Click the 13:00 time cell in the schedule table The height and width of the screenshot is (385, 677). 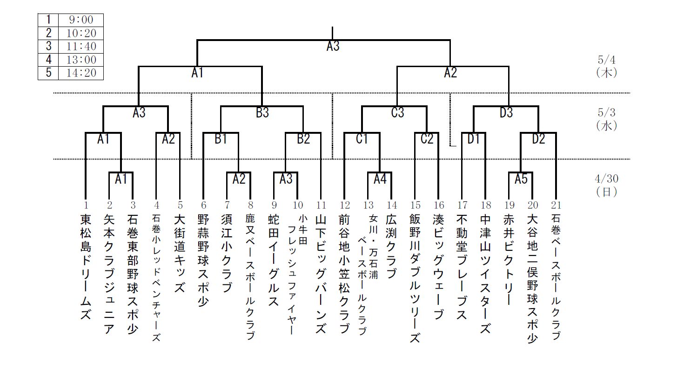(x=81, y=60)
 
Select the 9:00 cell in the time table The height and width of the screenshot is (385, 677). (x=81, y=20)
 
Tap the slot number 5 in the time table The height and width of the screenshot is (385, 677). (x=48, y=74)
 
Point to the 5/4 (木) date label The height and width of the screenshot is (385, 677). (x=606, y=66)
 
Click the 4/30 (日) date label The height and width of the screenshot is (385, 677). (x=606, y=185)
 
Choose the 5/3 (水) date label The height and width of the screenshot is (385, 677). (x=606, y=119)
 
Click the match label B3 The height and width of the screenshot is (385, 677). (x=262, y=113)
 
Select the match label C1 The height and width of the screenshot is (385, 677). (x=362, y=139)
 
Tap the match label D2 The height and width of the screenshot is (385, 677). (x=538, y=139)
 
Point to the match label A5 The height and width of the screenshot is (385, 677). (x=521, y=179)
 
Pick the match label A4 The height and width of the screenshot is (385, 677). (x=380, y=179)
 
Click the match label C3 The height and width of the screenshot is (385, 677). (x=397, y=113)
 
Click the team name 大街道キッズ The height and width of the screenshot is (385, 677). (x=180, y=253)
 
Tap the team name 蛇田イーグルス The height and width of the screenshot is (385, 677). (x=274, y=260)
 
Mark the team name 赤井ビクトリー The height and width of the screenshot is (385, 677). (x=509, y=260)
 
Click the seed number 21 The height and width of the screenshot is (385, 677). (x=556, y=205)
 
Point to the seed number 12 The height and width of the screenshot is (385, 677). (x=344, y=205)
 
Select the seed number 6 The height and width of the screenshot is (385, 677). (x=203, y=205)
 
